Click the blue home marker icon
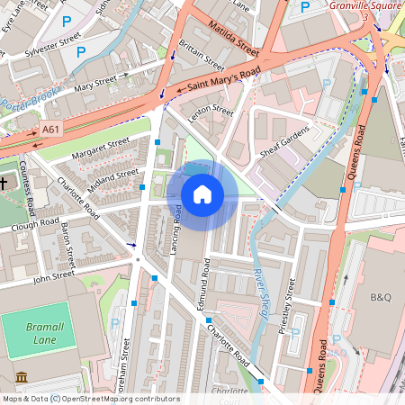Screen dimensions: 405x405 [x=202, y=193]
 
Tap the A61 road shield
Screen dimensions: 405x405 [x=51, y=130]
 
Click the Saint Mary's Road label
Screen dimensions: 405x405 [x=219, y=79]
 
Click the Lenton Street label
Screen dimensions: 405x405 [x=211, y=121]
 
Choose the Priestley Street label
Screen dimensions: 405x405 [x=290, y=306]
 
